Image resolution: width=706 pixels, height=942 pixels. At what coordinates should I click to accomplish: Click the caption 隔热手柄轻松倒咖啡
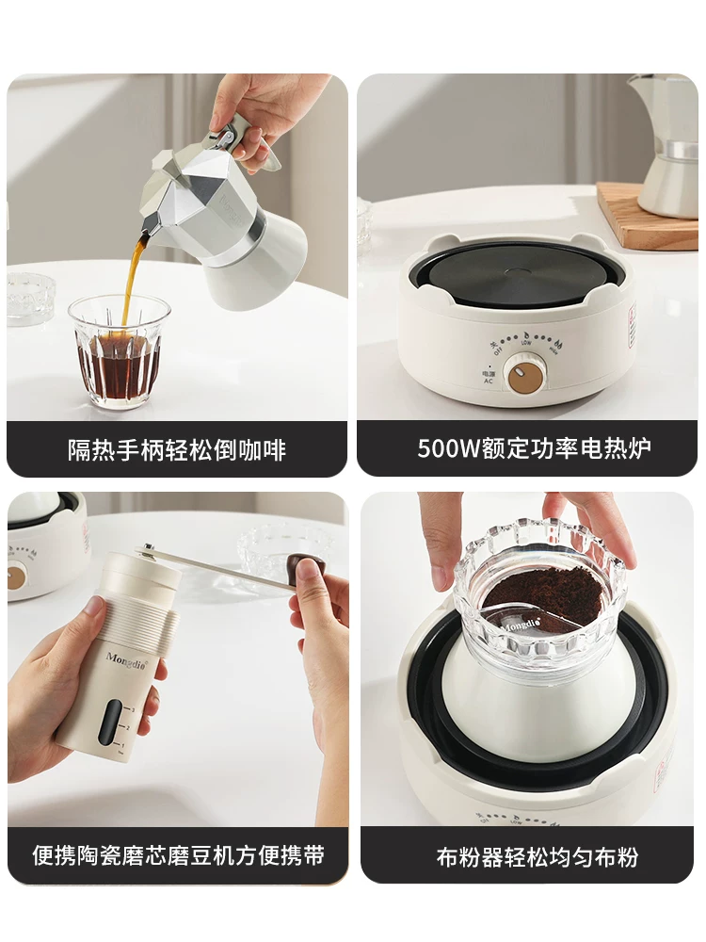[x=177, y=449]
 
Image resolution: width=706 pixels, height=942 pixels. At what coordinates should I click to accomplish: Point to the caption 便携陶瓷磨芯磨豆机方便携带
[x=177, y=855]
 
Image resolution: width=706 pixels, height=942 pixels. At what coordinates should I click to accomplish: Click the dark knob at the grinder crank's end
[x=309, y=568]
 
